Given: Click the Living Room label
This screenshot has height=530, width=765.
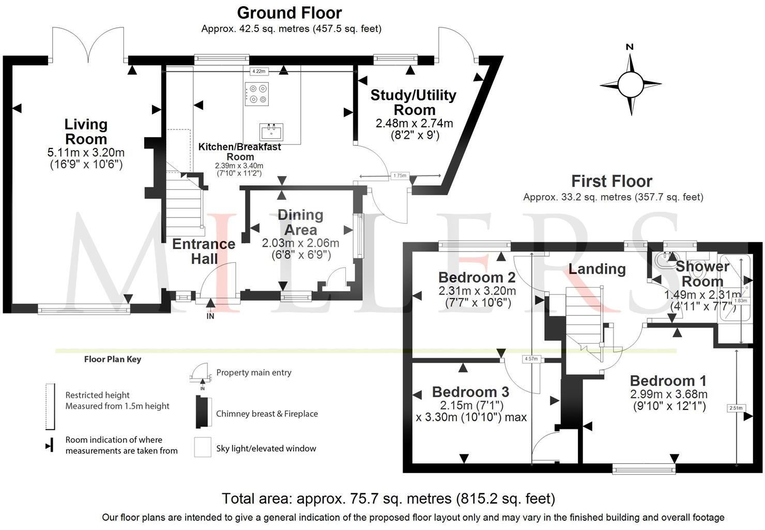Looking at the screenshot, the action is [86, 131].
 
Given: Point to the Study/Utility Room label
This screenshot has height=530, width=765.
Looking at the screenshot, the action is [414, 102].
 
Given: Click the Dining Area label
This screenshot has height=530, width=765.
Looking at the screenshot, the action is [300, 222].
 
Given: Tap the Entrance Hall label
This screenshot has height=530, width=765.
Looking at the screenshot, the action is [204, 251].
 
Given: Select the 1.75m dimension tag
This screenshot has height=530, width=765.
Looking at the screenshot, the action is [400, 176].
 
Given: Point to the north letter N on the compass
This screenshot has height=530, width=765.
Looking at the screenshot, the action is [630, 47].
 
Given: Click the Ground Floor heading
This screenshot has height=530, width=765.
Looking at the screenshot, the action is [289, 12].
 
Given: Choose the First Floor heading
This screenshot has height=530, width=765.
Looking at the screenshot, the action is [611, 181].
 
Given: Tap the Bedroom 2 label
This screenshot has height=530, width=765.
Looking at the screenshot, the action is [477, 277].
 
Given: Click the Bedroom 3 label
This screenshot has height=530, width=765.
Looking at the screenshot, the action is [470, 392].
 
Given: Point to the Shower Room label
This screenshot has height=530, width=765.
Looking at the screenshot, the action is [702, 274].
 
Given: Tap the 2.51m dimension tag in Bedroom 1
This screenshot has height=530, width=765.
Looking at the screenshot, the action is [736, 408].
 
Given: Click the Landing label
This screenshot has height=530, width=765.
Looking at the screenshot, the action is [597, 269].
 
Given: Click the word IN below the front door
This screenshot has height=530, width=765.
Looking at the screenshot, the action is [210, 316].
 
